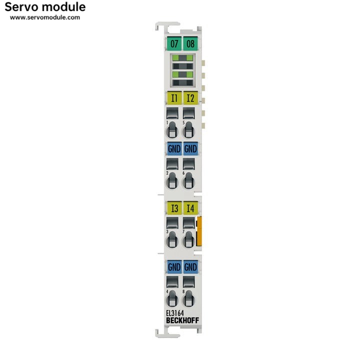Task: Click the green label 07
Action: click(174, 44)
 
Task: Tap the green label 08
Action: click(190, 44)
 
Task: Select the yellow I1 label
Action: click(173, 98)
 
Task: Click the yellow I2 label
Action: click(190, 98)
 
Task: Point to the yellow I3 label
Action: click(173, 208)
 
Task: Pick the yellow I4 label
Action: click(190, 208)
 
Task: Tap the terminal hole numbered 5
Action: click(188, 130)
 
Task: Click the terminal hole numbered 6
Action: click(188, 180)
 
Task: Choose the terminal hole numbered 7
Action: click(188, 240)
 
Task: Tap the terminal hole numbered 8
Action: click(188, 298)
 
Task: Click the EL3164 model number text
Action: click(175, 313)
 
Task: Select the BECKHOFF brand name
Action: click(181, 320)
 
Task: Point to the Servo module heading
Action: click(45, 7)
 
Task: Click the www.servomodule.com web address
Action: click(45, 17)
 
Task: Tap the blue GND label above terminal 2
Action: click(173, 148)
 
